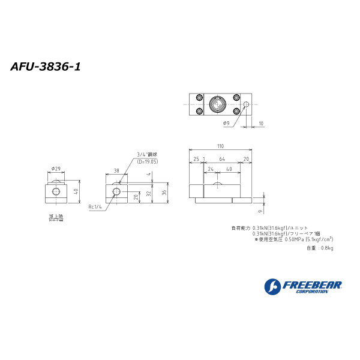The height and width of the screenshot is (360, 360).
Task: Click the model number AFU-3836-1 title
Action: click(46, 67)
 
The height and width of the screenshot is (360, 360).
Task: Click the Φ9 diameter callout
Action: click(226, 124)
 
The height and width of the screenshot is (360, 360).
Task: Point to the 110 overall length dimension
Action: click(220, 146)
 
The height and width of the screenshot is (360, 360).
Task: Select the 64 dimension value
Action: click(221, 159)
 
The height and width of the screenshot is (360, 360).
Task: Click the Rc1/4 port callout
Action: click(96, 207)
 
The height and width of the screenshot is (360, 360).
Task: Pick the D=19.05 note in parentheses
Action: click(148, 161)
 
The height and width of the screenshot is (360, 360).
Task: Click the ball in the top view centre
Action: click(217, 106)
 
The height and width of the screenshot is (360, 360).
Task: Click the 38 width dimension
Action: click(116, 170)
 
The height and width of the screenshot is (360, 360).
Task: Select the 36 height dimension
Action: click(164, 193)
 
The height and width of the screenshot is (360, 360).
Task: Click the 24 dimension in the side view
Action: click(210, 169)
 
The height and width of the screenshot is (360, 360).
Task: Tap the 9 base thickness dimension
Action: click(260, 211)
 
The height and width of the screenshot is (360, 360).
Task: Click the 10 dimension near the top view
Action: click(260, 124)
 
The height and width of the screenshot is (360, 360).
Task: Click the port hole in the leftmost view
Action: click(55, 192)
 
